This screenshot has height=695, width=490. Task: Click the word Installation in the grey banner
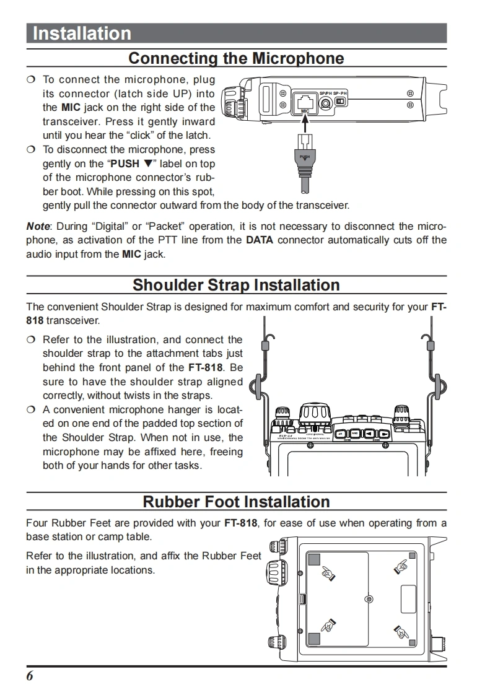click(82, 33)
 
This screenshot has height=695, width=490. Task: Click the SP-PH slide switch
click(339, 101)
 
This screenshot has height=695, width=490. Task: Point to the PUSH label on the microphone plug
click(304, 157)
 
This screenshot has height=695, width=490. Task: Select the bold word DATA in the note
click(260, 240)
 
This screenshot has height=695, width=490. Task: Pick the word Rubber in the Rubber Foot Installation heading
click(171, 501)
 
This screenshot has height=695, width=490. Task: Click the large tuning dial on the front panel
click(314, 413)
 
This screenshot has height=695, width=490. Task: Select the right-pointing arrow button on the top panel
click(385, 434)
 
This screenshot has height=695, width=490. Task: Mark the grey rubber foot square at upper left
click(314, 559)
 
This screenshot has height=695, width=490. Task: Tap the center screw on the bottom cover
click(369, 599)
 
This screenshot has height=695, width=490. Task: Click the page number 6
click(30, 676)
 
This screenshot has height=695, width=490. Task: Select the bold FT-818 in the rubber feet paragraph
click(240, 523)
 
